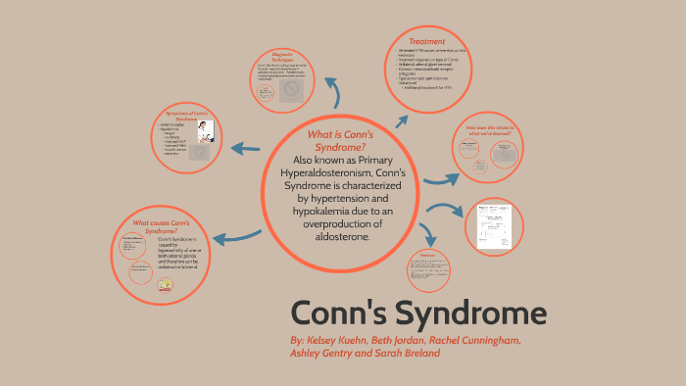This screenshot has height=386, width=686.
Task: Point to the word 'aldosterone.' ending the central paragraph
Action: (336, 237)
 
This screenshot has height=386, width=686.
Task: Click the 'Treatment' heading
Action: (427, 41)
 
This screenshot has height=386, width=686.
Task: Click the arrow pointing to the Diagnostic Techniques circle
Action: (335, 94)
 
